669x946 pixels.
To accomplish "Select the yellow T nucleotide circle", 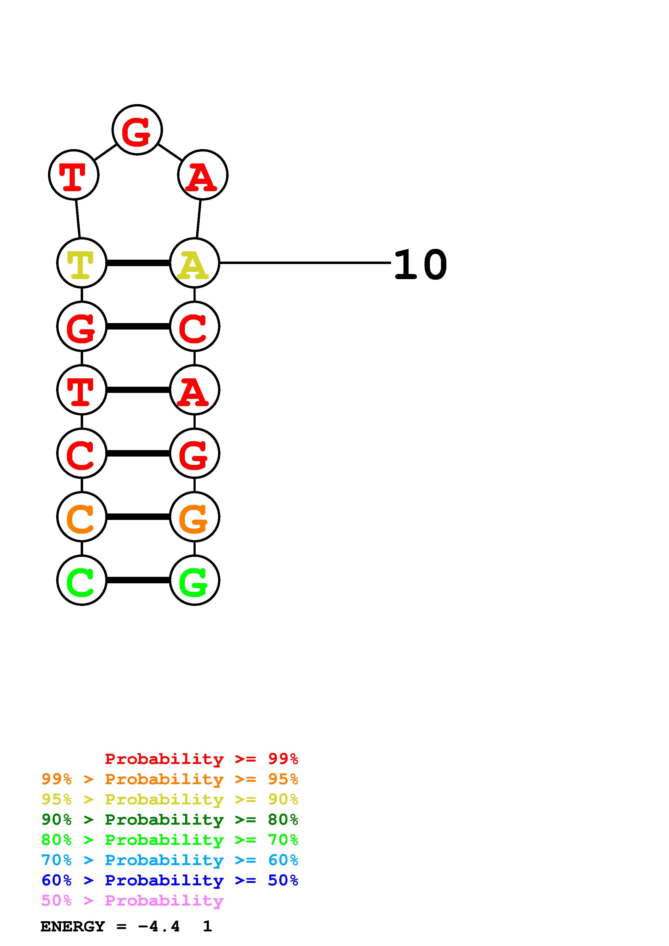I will [x=81, y=263].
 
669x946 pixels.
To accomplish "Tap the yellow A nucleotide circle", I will [x=195, y=263].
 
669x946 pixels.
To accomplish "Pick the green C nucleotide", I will [x=81, y=581].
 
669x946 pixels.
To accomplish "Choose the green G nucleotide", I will [x=195, y=581].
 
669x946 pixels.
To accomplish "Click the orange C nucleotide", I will [x=81, y=517].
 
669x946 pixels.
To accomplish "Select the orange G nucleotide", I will [x=195, y=517].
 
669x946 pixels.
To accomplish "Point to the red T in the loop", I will [x=74, y=175].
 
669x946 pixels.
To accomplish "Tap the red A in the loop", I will [x=202, y=175].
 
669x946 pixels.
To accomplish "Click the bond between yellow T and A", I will [x=138, y=263].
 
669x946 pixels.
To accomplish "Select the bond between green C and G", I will [x=138, y=581].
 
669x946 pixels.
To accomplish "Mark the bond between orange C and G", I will [x=138, y=517].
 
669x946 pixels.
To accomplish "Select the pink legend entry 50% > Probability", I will [x=132, y=901].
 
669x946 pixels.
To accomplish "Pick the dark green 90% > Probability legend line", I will [x=169, y=820].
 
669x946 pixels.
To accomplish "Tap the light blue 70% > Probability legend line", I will [x=169, y=860].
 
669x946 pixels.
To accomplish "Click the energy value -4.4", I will [x=159, y=927].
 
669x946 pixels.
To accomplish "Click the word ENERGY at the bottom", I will [x=73, y=927].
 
